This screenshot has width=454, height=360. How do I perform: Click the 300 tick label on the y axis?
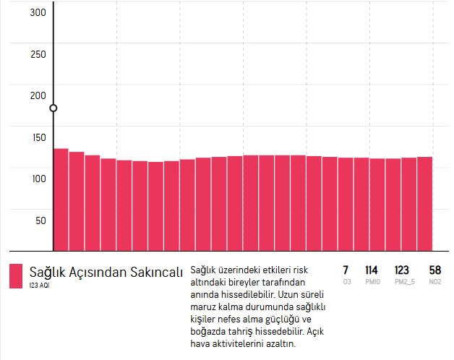click(38, 12)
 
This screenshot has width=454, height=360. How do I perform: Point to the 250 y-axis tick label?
click(38, 54)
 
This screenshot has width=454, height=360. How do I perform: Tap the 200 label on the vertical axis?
click(38, 95)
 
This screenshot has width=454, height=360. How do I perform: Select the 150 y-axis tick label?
click(38, 137)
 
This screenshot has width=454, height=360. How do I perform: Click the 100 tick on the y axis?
click(38, 179)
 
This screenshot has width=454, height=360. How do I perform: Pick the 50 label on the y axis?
click(40, 220)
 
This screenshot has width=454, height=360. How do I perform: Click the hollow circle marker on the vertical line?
click(53, 108)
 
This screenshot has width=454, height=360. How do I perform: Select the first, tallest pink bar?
click(61, 199)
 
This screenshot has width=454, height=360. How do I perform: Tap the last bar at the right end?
click(424, 203)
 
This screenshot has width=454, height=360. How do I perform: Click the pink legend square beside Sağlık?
click(16, 275)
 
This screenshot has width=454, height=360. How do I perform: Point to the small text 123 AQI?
click(40, 286)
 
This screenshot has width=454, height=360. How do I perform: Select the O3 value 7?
click(346, 270)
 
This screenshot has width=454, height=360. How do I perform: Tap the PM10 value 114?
click(372, 270)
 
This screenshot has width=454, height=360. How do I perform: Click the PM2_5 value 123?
click(402, 270)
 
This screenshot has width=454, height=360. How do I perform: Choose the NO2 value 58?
click(434, 270)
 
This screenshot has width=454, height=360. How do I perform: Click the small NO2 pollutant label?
click(434, 281)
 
